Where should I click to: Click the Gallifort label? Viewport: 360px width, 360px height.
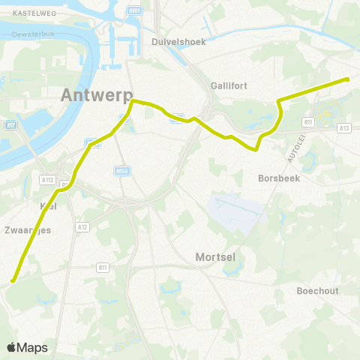pos(229,85)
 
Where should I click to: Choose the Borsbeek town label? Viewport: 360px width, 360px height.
pos(278,178)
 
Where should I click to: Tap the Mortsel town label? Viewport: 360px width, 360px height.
pos(215,256)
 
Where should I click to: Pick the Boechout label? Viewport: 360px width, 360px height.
pos(317,290)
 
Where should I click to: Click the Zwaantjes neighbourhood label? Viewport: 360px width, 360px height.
pos(27,230)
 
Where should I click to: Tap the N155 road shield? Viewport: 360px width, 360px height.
pos(122,170)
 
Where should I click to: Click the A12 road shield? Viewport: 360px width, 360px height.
pos(82,225)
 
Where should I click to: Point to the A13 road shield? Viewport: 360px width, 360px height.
pos(344,128)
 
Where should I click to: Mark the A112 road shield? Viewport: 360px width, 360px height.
pos(48,179)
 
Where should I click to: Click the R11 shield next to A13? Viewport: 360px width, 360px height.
pos(307,121)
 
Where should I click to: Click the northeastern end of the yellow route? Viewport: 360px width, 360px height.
pos(347,79)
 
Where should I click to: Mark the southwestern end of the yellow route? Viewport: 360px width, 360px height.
pos(13,281)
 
